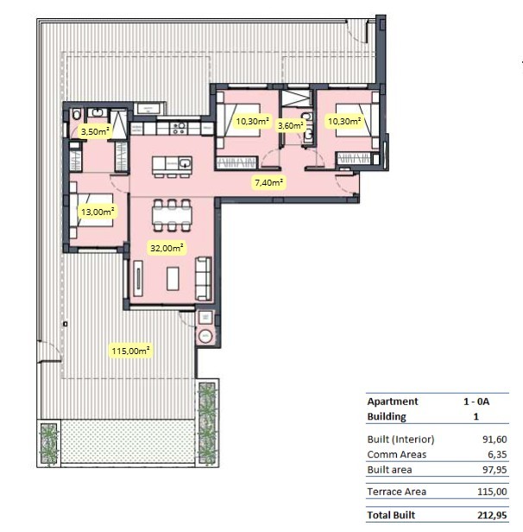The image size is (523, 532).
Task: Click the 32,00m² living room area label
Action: [x=167, y=248]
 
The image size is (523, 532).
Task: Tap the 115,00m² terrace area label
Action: [x=130, y=351]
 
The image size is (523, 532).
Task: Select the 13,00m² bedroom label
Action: [x=98, y=212]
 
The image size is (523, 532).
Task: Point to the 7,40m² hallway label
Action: [x=269, y=182]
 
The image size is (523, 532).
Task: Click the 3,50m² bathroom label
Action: [x=95, y=131]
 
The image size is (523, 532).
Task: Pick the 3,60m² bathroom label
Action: [x=291, y=125]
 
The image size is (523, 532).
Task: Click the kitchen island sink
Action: [x=185, y=163]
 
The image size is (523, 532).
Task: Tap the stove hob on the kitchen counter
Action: [x=179, y=128]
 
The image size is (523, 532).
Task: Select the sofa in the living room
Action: [x=204, y=279]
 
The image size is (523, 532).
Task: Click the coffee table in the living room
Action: [x=173, y=279]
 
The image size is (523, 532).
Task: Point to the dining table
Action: [x=172, y=215]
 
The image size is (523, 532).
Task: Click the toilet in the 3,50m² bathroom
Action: [x=77, y=114]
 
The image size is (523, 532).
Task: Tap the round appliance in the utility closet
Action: [x=205, y=336]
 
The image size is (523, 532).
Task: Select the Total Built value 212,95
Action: [x=492, y=515]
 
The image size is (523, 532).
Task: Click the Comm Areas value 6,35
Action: [x=497, y=454]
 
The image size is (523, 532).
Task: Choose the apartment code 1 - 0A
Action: [x=476, y=402]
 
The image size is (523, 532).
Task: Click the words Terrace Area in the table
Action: [x=397, y=491]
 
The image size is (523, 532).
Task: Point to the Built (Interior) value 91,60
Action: [x=495, y=440]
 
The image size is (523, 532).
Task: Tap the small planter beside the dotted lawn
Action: [x=49, y=443]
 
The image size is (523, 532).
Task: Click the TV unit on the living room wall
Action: [x=138, y=278]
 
